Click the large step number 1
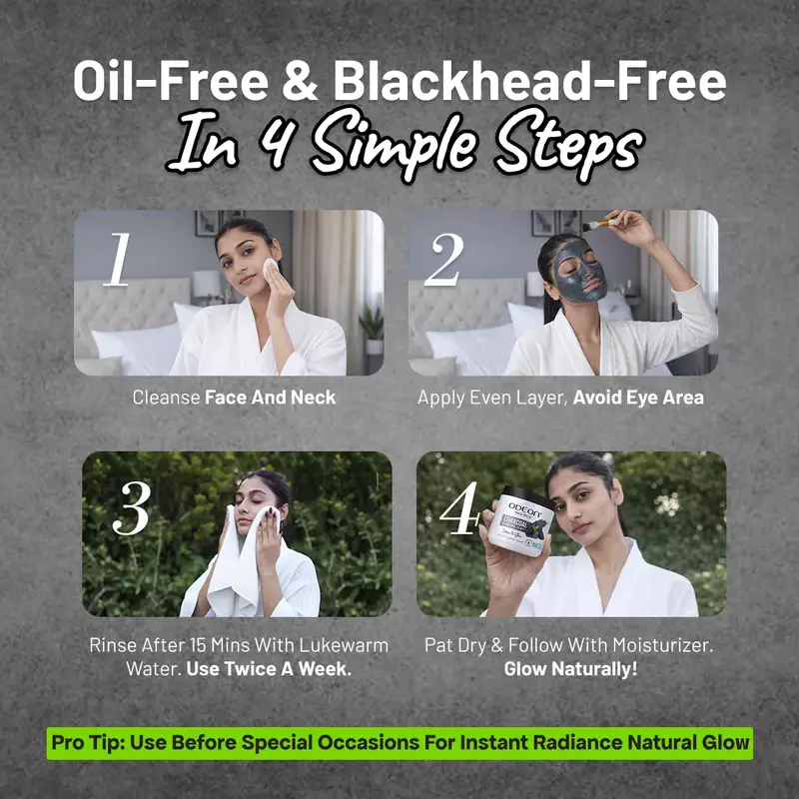118,259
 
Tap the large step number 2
443,259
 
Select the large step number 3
132,508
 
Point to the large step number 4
459,508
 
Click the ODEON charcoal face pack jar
519,520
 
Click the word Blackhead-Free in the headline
530,82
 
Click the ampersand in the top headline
300,82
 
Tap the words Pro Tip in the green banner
87,743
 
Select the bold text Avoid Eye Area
638,398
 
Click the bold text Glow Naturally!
570,669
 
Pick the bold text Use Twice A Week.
269,669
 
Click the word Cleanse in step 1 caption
166,398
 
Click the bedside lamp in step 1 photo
207,286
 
